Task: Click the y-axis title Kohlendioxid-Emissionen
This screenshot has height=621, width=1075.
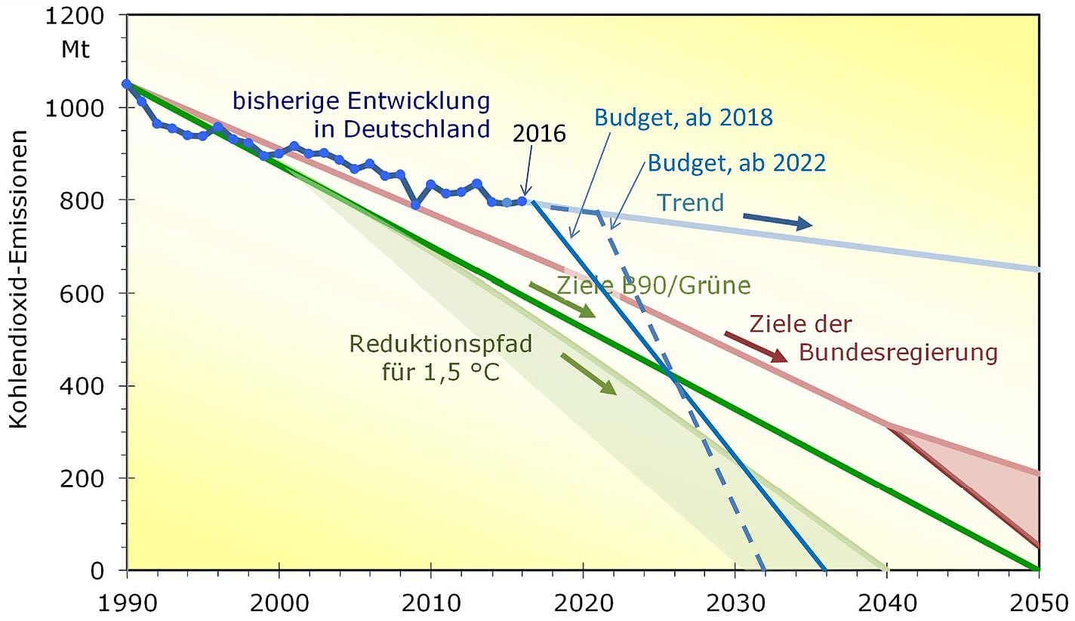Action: click(20, 279)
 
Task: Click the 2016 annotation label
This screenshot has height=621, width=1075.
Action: click(539, 135)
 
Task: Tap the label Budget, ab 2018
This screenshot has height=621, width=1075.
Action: click(683, 118)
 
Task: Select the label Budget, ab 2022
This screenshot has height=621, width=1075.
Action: click(736, 162)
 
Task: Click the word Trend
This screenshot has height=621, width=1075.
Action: click(690, 202)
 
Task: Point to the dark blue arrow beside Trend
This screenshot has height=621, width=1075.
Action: click(777, 221)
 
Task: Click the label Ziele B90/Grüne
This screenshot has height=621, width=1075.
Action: click(654, 286)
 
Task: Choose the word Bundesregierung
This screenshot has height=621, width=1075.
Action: click(898, 353)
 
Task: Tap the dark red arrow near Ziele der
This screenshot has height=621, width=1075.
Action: click(755, 347)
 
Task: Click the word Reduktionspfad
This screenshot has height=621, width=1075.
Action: click(442, 344)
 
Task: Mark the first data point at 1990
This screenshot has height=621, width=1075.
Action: click(127, 84)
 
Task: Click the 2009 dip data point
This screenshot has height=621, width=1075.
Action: click(415, 205)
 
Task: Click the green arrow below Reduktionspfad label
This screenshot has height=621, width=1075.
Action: click(589, 374)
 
